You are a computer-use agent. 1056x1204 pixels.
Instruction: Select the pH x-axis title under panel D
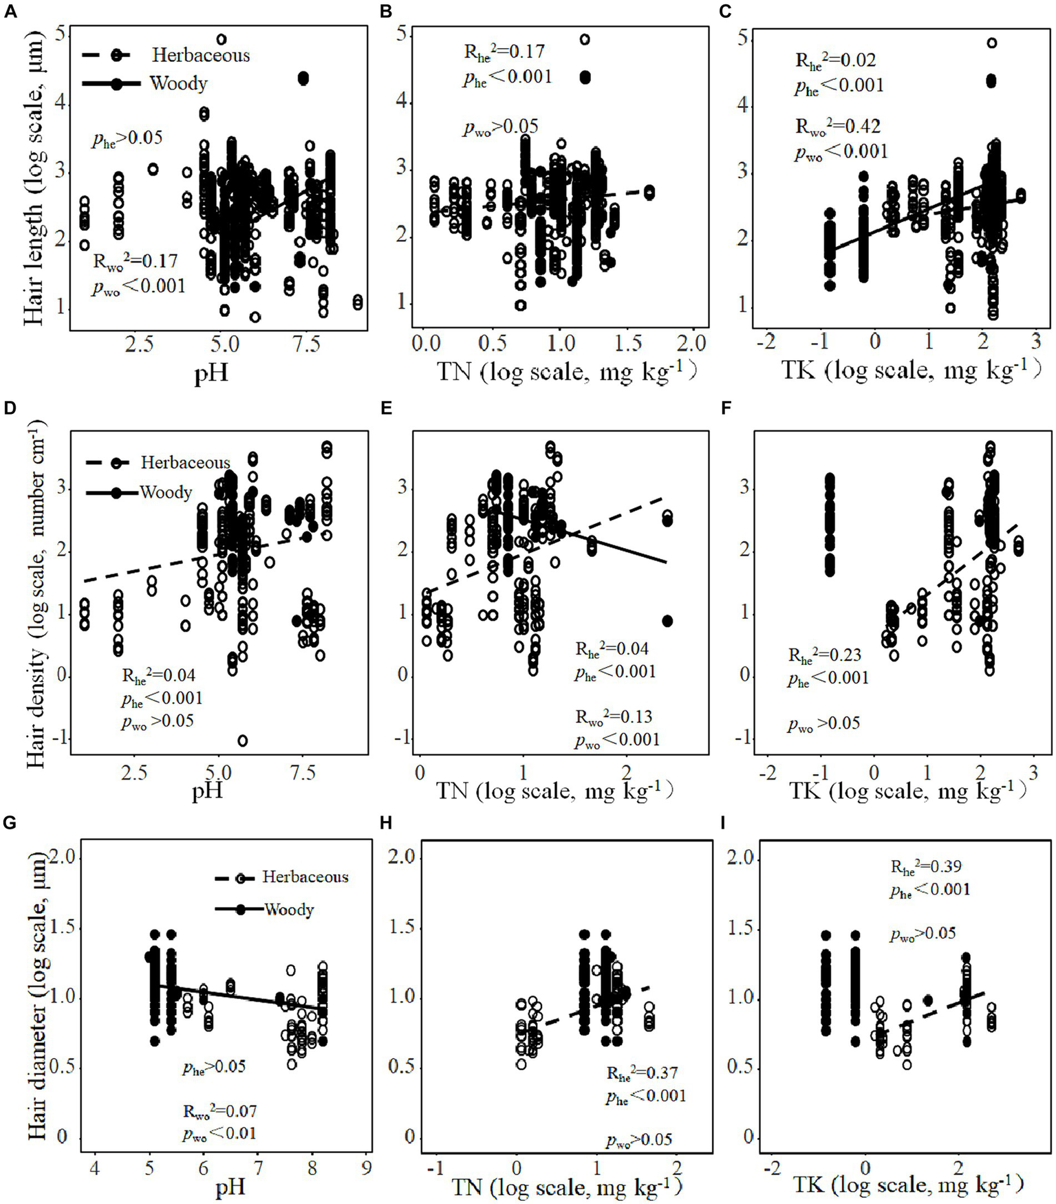[x=207, y=791]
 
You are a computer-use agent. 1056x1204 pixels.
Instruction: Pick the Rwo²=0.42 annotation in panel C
[x=837, y=127]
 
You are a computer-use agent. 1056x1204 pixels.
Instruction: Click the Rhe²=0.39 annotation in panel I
[x=925, y=867]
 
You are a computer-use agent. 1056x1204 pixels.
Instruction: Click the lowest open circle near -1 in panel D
[x=243, y=741]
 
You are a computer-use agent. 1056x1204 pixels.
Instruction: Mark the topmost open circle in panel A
[x=222, y=40]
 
